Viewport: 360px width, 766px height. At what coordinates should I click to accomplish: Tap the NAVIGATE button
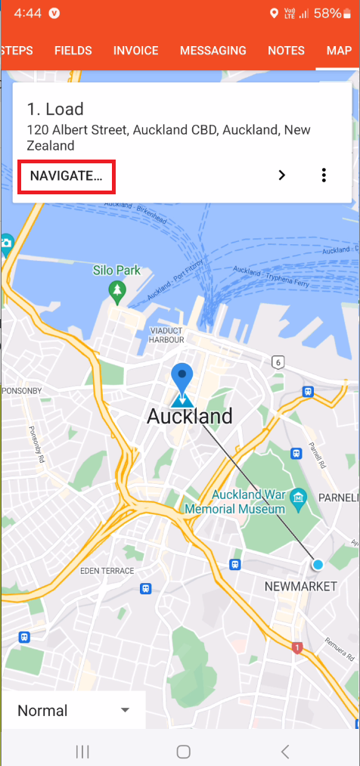(x=66, y=176)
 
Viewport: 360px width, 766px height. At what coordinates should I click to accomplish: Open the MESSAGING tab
(x=213, y=51)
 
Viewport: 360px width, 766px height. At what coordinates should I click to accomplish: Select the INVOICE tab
(x=136, y=51)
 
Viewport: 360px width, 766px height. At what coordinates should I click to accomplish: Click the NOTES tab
(x=287, y=51)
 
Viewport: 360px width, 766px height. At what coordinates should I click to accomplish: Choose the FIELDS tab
(x=73, y=51)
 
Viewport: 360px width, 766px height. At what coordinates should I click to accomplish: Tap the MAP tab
(x=339, y=51)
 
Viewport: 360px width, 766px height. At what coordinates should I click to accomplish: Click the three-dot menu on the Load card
(x=324, y=175)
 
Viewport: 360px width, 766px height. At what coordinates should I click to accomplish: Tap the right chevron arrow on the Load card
(x=282, y=175)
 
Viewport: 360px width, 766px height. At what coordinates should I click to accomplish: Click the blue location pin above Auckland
(x=181, y=377)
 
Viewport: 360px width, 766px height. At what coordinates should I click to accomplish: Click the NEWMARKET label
(x=299, y=587)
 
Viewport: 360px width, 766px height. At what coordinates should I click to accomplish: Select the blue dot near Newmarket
(x=318, y=564)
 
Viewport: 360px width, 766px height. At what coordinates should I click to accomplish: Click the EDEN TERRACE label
(x=107, y=571)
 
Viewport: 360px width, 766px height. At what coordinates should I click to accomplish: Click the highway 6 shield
(x=279, y=363)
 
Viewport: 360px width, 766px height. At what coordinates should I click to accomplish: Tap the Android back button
(x=284, y=751)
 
